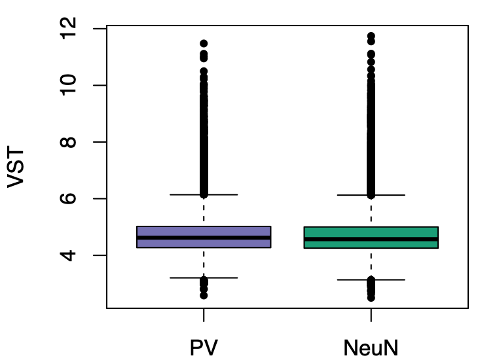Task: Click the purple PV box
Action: click(204, 231)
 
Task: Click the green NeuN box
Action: click(371, 232)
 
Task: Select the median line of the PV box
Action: click(204, 238)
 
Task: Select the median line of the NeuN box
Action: click(371, 239)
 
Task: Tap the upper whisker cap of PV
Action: click(204, 194)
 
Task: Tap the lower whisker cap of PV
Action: click(204, 278)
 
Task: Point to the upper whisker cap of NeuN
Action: click(371, 195)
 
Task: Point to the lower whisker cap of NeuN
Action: click(371, 279)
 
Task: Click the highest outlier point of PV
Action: click(204, 43)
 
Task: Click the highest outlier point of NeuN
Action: click(371, 36)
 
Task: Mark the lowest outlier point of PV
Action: click(204, 296)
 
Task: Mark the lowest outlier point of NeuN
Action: click(371, 298)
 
